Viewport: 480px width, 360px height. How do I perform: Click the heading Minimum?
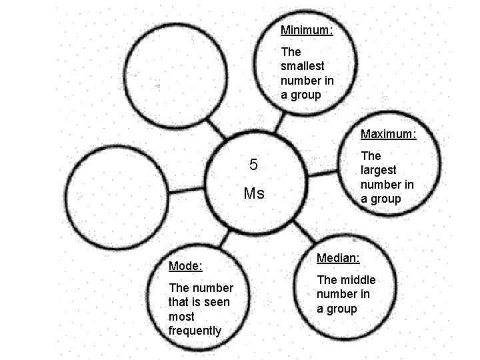coord(307,30)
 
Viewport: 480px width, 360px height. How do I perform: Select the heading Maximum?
coord(388,134)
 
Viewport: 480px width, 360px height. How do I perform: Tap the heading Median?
coord(338,257)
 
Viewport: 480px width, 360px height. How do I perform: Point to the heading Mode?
coord(185,266)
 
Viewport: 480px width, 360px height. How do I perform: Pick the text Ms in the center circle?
coord(254,194)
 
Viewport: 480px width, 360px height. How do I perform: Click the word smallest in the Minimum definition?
coord(303,66)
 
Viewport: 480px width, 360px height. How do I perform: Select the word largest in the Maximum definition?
coord(378,170)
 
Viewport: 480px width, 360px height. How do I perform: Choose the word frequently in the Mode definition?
coord(195,331)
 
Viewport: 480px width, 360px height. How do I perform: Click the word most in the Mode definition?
coord(181,317)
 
